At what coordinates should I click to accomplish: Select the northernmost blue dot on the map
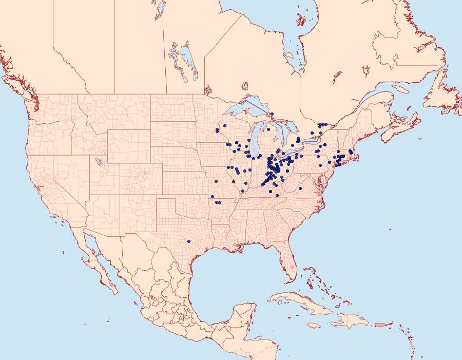(x=272, y=114)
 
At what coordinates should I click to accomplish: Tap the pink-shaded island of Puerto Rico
(x=380, y=324)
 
